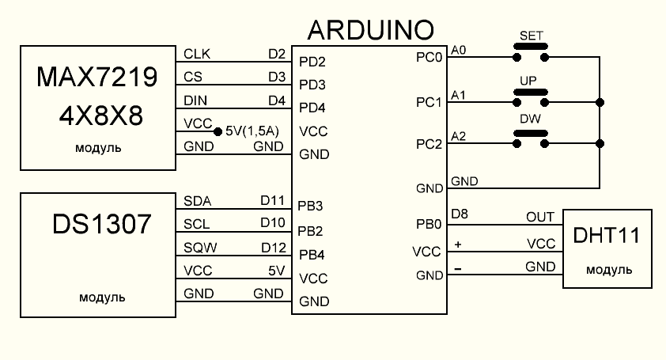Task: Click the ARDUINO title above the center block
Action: (x=369, y=30)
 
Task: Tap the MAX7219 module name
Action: (x=97, y=77)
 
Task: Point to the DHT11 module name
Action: (x=607, y=235)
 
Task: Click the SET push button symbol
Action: (x=531, y=51)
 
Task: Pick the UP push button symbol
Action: (x=531, y=97)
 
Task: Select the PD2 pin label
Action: (x=312, y=61)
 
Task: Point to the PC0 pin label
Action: (x=428, y=57)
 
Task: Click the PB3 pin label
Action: (x=312, y=207)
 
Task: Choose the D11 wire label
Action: (x=272, y=201)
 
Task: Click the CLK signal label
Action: (x=197, y=54)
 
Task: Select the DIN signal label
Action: (x=195, y=100)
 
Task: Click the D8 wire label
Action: (x=460, y=214)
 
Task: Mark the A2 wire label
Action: (x=458, y=136)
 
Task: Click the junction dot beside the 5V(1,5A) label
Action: (x=218, y=130)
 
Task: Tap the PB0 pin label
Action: (x=428, y=225)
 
